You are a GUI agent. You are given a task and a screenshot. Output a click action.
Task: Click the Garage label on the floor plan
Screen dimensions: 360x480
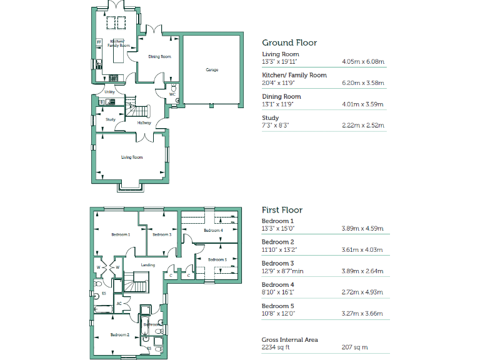[212, 69]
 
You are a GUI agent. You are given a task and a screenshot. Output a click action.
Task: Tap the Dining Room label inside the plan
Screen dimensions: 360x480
[159, 57]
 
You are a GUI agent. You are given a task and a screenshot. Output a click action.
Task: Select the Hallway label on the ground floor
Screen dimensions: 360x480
[144, 122]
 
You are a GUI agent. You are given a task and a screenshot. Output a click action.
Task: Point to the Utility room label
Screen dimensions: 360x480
[109, 92]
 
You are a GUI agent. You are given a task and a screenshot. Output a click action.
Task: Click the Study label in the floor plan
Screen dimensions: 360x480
[110, 119]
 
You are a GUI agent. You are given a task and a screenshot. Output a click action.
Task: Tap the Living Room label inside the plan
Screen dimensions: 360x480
[132, 157]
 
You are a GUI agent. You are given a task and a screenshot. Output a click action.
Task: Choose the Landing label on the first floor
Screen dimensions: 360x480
[148, 265]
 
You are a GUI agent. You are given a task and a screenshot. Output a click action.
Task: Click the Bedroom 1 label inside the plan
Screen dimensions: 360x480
[120, 234]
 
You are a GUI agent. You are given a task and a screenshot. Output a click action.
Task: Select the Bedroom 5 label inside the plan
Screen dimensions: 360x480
[217, 259]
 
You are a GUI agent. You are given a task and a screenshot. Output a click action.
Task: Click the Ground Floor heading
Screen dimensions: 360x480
[289, 43]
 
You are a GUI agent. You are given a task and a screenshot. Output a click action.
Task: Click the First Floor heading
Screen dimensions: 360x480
[285, 210]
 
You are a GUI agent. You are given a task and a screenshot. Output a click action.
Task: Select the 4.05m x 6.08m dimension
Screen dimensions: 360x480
[363, 62]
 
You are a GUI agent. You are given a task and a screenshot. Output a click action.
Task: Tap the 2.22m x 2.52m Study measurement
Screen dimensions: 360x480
[363, 125]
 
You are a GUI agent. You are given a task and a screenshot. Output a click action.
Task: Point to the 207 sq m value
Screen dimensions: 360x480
[354, 347]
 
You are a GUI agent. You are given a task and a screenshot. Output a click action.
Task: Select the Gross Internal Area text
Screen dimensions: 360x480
[289, 339]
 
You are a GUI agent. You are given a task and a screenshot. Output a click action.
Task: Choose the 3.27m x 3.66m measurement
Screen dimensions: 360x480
[363, 313]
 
